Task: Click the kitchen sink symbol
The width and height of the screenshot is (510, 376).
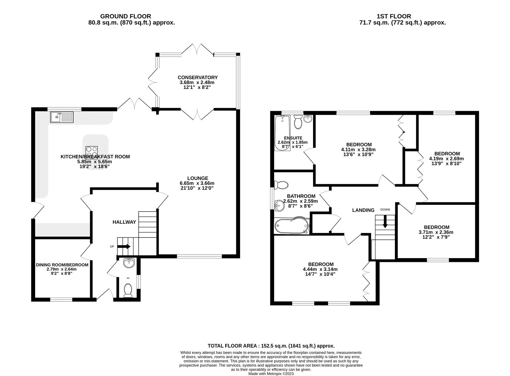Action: pyautogui.click(x=62, y=117)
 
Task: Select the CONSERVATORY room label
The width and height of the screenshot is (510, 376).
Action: pyautogui.click(x=198, y=77)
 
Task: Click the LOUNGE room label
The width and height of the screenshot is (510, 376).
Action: pyautogui.click(x=198, y=178)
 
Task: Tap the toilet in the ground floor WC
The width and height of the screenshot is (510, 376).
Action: pyautogui.click(x=128, y=291)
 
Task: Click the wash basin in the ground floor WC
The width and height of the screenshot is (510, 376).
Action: pyautogui.click(x=129, y=263)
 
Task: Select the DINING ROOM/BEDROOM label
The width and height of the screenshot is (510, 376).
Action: pyautogui.click(x=62, y=265)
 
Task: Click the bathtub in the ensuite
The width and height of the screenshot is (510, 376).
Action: pyautogui.click(x=282, y=132)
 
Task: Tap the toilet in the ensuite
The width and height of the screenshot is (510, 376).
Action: pyautogui.click(x=298, y=122)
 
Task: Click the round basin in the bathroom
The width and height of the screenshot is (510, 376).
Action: pyautogui.click(x=279, y=206)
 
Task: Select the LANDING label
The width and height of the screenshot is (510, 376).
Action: pyautogui.click(x=363, y=210)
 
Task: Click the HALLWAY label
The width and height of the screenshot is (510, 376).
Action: pyautogui.click(x=124, y=222)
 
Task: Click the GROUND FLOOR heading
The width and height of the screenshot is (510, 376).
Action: pyautogui.click(x=126, y=16)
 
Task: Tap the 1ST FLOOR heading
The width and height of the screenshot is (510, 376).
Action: pyautogui.click(x=394, y=16)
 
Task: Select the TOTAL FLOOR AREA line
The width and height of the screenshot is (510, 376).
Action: pyautogui.click(x=271, y=346)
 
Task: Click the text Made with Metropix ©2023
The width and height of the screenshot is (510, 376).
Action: pyautogui.click(x=271, y=374)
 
